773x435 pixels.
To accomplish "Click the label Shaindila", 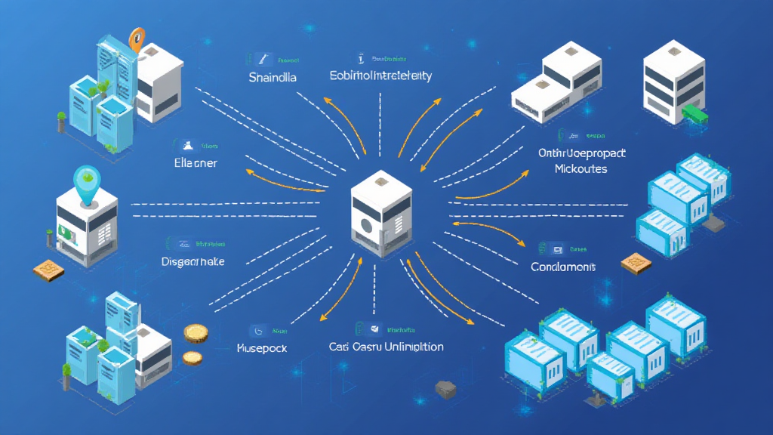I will click(x=272, y=77).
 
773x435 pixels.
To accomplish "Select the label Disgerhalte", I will click(x=193, y=261).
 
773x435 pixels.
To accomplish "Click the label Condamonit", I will click(x=563, y=267).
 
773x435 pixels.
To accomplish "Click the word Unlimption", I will click(x=408, y=347).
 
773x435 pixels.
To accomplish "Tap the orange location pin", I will click(x=137, y=38).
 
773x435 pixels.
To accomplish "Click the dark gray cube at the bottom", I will click(x=445, y=389).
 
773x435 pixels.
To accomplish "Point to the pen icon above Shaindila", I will click(x=261, y=58).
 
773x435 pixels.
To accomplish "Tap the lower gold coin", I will click(x=192, y=357).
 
